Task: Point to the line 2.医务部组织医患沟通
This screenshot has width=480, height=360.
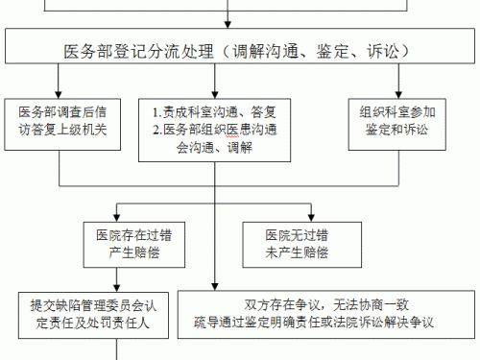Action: [213, 129]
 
